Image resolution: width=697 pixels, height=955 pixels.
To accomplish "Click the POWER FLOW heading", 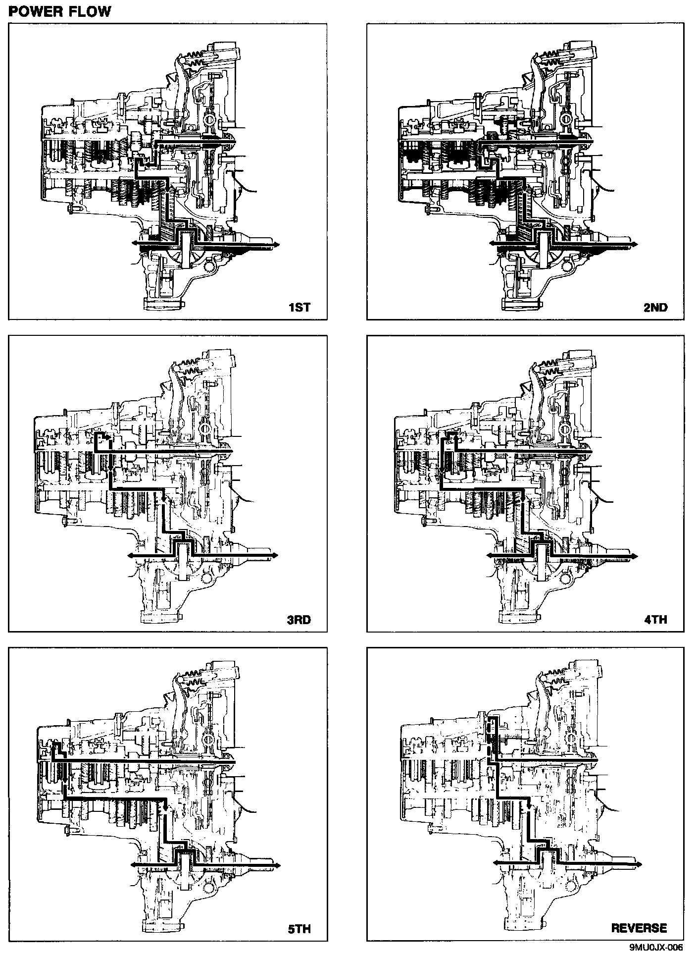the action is [60, 11].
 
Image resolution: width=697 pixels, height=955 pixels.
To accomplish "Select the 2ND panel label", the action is [655, 308].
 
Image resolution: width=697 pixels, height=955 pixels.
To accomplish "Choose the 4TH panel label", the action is [656, 620].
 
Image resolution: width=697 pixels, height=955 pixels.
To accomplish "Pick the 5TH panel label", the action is [299, 929].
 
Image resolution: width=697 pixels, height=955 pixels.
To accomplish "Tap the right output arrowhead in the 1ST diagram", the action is [278, 245].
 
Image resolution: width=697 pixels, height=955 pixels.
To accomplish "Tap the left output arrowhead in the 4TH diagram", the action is [489, 556].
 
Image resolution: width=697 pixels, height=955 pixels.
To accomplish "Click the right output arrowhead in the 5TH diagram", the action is [278, 865].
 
